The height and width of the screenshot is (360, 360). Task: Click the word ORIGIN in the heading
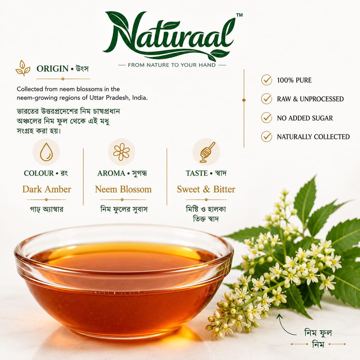(x=53, y=69)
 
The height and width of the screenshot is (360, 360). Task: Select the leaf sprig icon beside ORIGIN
(x=23, y=68)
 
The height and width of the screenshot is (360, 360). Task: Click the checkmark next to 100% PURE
(x=267, y=80)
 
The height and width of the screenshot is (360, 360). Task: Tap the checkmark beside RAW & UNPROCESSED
(x=267, y=99)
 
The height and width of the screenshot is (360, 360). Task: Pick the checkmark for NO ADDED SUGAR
(x=267, y=118)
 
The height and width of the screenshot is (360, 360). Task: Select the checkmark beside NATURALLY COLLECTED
(x=267, y=137)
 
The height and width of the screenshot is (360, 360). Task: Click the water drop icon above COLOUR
(x=46, y=152)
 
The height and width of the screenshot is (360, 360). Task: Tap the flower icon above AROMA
(x=121, y=152)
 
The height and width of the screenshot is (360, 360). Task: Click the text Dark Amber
(x=47, y=189)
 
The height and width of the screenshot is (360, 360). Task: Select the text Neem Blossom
(x=123, y=189)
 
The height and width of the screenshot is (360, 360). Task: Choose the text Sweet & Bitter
(x=206, y=189)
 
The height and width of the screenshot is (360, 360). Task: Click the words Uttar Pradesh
(x=109, y=98)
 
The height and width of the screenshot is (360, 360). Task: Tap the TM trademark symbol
(x=239, y=15)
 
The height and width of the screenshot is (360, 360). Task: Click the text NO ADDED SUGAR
(x=305, y=118)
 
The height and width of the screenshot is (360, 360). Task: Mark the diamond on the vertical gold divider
(x=244, y=100)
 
